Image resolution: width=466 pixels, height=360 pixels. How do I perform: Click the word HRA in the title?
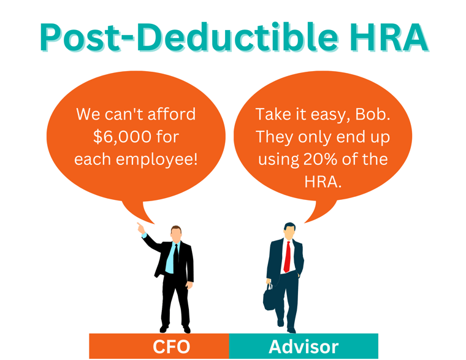tap(388, 37)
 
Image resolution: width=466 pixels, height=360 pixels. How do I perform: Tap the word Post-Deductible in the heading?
tap(189, 37)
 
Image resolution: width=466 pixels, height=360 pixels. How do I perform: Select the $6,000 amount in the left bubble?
tap(122, 137)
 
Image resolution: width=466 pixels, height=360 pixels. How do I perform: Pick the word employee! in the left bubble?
tap(156, 159)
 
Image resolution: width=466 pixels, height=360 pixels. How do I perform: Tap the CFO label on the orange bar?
tap(172, 347)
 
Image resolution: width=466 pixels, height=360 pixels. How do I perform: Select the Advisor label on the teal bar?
tap(304, 347)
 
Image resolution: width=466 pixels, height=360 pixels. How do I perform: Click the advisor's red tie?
tap(287, 257)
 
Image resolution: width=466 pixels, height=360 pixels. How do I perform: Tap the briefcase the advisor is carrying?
tap(269, 298)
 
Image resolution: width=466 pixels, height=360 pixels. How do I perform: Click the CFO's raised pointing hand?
tap(140, 228)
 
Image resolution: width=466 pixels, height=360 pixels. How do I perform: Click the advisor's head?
tap(289, 231)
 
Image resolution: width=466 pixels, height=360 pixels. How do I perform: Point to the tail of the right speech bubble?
tap(320, 211)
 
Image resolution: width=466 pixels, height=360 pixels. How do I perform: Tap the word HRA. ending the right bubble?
tap(323, 182)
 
